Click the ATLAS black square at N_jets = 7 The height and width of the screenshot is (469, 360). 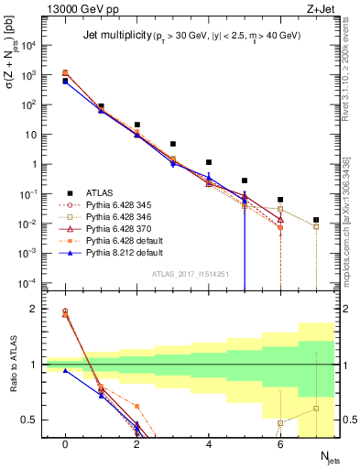click(316, 220)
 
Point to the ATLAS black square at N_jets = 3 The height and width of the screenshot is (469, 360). click(172, 144)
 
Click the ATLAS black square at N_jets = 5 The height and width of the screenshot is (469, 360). click(245, 180)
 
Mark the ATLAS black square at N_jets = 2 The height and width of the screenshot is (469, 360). click(136, 125)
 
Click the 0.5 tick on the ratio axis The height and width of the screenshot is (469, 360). click(35, 420)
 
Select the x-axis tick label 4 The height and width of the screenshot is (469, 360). click(209, 443)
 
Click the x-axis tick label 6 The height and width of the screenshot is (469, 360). click(280, 443)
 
